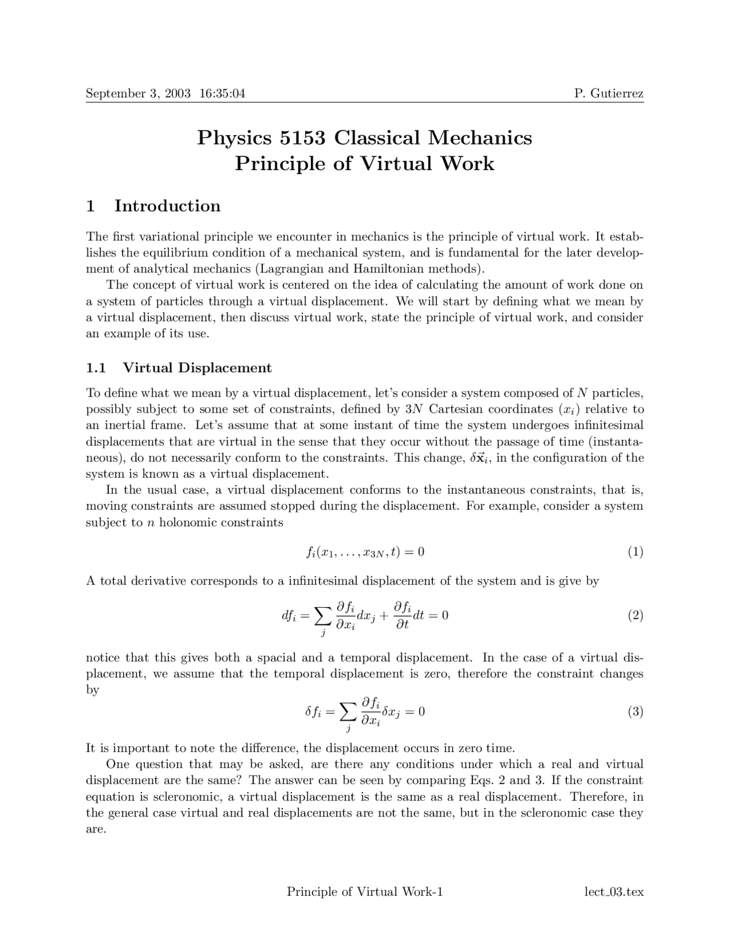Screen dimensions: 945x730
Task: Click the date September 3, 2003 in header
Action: (137, 93)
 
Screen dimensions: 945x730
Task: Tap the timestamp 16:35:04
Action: (222, 93)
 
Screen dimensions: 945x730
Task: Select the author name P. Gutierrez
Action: (609, 93)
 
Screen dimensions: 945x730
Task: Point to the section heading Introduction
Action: (167, 206)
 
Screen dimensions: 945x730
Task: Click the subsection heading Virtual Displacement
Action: (197, 367)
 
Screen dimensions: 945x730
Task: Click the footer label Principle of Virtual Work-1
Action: (364, 892)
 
